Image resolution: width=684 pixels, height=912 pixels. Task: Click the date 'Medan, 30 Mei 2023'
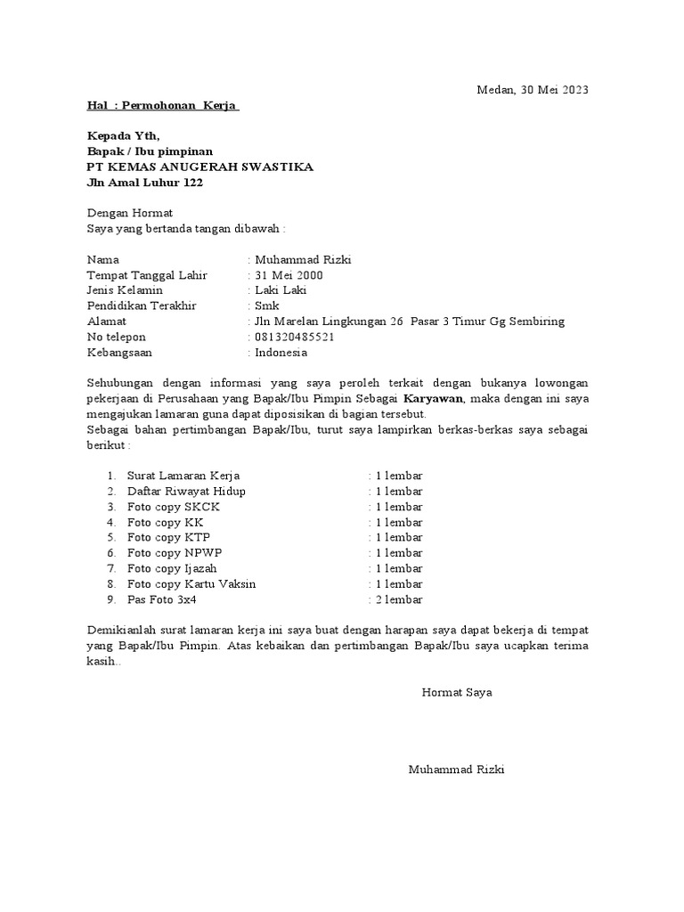coord(533,90)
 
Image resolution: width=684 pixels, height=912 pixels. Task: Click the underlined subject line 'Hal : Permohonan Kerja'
coord(162,106)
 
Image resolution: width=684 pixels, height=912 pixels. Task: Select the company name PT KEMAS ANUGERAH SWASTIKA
coord(199,167)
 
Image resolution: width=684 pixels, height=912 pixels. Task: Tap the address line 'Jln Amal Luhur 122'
coord(144,183)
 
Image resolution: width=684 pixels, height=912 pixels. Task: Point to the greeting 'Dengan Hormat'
coord(129,214)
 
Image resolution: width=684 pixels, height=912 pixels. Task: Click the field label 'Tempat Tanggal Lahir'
coord(146,275)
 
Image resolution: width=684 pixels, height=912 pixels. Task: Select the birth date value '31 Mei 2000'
coord(289,275)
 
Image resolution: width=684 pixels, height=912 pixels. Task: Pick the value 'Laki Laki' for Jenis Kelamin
coord(280,290)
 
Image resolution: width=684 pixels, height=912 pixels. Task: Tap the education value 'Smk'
coord(266,305)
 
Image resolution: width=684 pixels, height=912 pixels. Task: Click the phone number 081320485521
coord(295,337)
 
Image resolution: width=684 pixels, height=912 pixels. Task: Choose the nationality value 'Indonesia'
coord(281,352)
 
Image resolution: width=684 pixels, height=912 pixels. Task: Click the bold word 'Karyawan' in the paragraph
coord(435,398)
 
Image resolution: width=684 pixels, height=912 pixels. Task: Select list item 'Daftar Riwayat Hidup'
coord(186,492)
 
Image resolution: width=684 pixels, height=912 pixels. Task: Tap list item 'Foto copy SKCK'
coord(174,507)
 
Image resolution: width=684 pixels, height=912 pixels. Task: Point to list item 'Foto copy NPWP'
coord(175,553)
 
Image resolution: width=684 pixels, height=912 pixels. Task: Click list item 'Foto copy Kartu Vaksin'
coord(191,584)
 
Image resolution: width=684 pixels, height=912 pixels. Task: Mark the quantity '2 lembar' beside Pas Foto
coord(398,599)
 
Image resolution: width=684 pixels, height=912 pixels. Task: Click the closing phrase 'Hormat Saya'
coord(457,692)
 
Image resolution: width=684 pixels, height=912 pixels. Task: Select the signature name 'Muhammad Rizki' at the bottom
coord(456,769)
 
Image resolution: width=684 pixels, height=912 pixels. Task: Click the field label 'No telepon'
coord(116,337)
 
